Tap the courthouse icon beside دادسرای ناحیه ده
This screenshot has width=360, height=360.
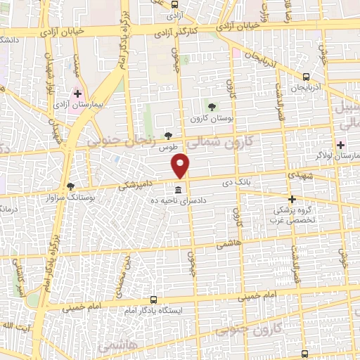(x=178, y=190)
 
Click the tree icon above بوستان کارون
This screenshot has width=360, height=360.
(x=212, y=106)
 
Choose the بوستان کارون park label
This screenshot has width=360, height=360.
(x=212, y=118)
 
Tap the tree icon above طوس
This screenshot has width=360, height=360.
(x=167, y=136)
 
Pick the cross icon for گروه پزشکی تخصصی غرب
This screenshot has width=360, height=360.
(x=292, y=199)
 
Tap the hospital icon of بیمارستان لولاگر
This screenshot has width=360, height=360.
(x=340, y=145)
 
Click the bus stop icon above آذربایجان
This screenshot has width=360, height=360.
(x=305, y=77)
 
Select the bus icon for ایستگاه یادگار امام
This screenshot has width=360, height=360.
(x=153, y=299)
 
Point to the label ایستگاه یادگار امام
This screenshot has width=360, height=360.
(x=153, y=310)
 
